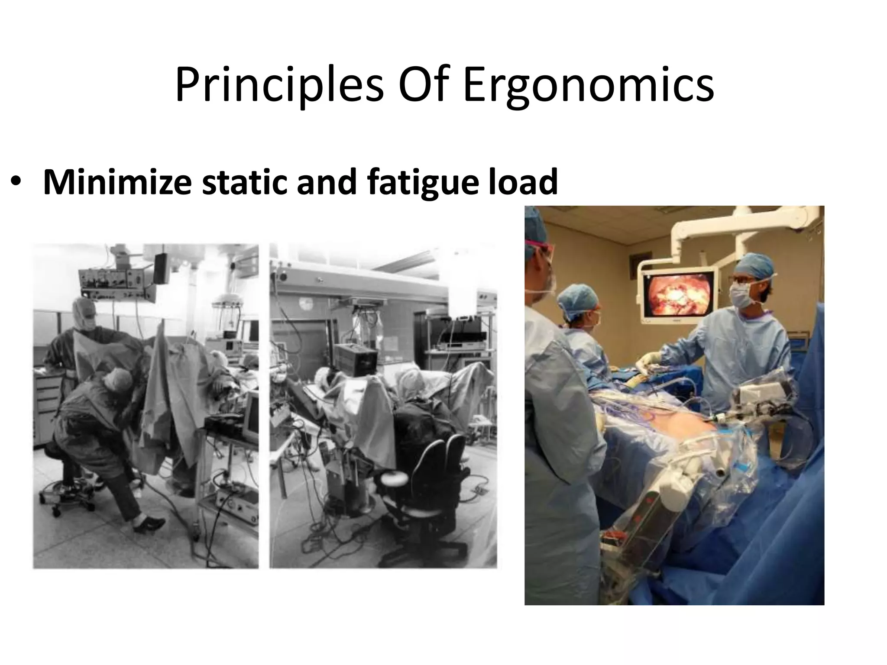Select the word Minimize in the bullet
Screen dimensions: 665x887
[x=117, y=182]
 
